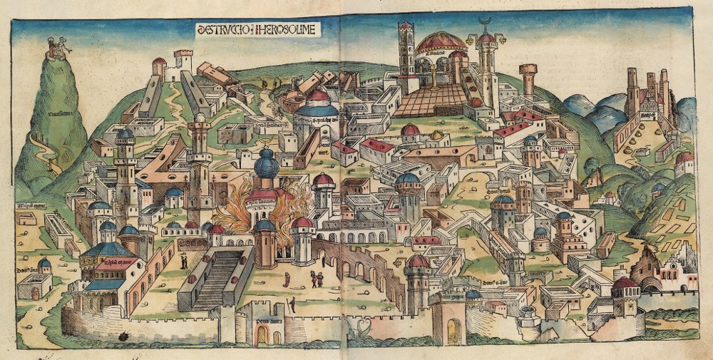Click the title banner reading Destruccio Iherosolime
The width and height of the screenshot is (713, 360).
258,29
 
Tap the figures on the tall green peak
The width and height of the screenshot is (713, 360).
56,48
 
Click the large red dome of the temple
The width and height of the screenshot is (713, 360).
441,42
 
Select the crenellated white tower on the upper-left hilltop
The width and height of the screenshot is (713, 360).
183,61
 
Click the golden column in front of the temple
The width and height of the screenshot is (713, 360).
431,76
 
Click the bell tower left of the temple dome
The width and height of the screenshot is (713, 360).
406,47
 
